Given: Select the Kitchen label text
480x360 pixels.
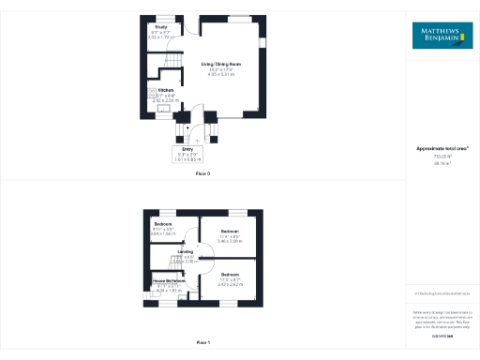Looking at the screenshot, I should (x=164, y=90).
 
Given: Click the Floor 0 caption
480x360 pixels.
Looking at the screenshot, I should (x=202, y=173).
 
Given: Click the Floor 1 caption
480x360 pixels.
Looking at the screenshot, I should (x=202, y=344).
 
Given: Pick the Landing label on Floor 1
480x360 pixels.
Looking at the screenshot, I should (x=186, y=252).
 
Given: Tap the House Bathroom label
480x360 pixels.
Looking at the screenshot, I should (x=170, y=281).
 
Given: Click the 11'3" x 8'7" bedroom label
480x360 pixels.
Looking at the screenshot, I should (x=230, y=275).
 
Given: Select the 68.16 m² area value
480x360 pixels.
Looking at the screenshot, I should (x=442, y=163).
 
